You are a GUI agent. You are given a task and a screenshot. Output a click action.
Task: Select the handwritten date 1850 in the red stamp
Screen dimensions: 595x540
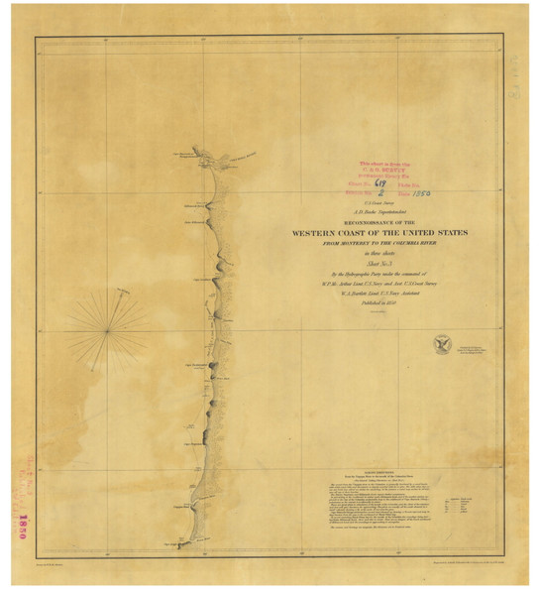[x=423, y=193]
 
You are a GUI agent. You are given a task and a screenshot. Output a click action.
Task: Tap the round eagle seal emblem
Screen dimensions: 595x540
[x=442, y=345]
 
